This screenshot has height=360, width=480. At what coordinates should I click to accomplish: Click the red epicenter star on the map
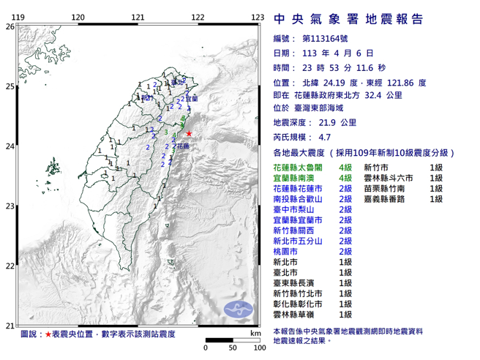(x=189, y=133)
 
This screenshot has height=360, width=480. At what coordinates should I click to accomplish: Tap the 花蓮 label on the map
(x=181, y=146)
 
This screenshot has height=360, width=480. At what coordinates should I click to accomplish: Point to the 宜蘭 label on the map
(x=190, y=97)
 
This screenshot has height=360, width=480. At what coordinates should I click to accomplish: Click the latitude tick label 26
(x=10, y=26)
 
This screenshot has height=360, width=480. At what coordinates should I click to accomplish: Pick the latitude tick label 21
(x=10, y=326)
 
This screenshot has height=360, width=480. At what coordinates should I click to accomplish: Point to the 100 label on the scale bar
(x=258, y=347)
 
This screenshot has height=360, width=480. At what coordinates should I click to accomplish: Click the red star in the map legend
(x=48, y=334)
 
